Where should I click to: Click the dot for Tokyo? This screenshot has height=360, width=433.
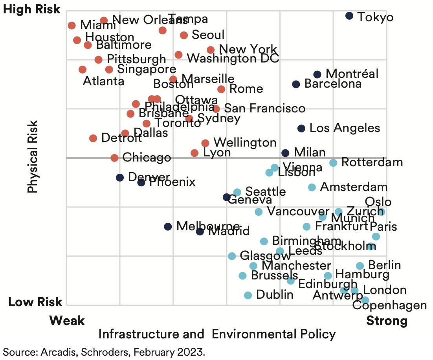[x=349, y=16]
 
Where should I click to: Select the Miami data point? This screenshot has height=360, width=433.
[x=72, y=26]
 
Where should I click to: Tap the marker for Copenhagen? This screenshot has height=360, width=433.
[x=365, y=300]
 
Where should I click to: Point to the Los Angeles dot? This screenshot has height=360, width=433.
[x=301, y=128]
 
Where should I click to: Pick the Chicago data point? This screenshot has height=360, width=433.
[x=114, y=158]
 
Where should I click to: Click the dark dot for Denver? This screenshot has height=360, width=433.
[x=120, y=178]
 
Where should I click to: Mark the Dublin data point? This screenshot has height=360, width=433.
[x=248, y=295]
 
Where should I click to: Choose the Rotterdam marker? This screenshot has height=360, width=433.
[x=333, y=163]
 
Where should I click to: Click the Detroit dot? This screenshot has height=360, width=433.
[x=93, y=138]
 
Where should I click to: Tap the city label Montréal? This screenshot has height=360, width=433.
[x=352, y=73]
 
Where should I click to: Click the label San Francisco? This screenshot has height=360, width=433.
[x=264, y=108]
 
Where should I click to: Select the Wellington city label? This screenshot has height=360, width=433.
[x=245, y=142]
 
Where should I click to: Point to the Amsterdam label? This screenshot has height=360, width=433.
[x=354, y=187]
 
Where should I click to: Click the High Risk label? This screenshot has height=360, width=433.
[x=32, y=9]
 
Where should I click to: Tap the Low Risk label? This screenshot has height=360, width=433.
[x=35, y=302]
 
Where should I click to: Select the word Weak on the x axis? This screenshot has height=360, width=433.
[x=67, y=321]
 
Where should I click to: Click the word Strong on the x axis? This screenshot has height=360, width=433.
[x=387, y=321]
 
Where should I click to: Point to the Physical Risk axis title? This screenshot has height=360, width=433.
[x=33, y=156]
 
